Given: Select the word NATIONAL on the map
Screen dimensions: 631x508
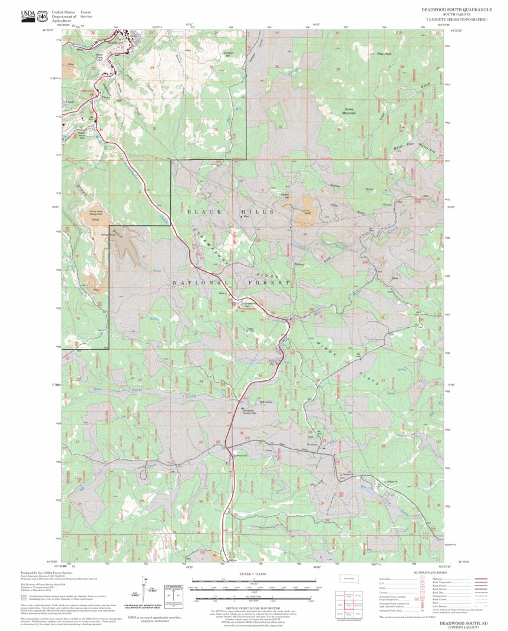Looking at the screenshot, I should pyautogui.click(x=194, y=283).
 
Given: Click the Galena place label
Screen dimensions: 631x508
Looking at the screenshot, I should pyautogui.click(x=387, y=205).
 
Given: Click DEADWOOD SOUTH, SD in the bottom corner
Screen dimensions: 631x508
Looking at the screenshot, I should pyautogui.click(x=458, y=623).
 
